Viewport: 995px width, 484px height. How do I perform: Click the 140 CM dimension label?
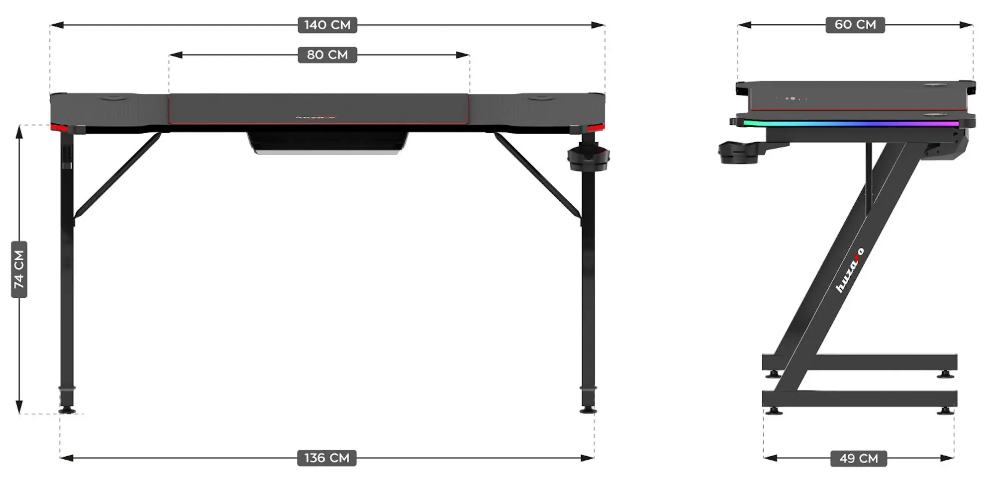click(327, 25)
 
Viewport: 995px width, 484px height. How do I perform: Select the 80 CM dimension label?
click(327, 55)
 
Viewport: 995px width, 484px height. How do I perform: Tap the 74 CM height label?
click(19, 269)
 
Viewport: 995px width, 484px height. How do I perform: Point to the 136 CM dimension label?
click(327, 458)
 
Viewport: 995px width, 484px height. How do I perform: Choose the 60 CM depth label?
click(855, 24)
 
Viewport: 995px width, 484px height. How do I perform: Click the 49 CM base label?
click(858, 458)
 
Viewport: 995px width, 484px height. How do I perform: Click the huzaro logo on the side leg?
click(849, 271)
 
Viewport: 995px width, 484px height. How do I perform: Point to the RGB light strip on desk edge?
click(851, 123)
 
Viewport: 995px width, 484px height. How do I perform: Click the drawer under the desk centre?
click(327, 143)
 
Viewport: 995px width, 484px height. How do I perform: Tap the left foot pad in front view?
click(67, 410)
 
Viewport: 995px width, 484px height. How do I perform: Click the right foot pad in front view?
click(588, 410)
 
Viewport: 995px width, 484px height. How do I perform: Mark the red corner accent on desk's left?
click(59, 128)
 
